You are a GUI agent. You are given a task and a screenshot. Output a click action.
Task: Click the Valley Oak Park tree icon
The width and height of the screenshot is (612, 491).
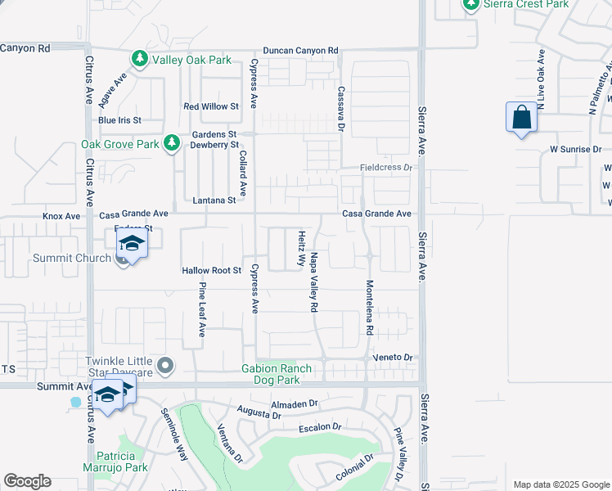tap(140, 59)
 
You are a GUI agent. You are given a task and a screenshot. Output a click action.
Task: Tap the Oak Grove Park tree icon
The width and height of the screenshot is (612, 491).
tap(171, 143)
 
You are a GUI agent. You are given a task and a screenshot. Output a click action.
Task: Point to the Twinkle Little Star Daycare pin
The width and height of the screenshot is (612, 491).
tap(166, 366)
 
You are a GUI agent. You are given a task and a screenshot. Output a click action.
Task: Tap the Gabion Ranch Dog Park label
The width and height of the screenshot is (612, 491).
tap(277, 374)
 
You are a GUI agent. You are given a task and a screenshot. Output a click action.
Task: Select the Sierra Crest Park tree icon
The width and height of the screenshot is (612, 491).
tap(470, 4)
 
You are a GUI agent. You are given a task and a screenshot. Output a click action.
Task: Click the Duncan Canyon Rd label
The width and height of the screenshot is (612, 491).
tap(299, 51)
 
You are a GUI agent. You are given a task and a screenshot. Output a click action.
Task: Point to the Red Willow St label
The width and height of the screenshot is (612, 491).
tap(210, 106)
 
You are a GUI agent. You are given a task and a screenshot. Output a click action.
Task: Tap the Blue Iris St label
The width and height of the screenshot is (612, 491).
tap(119, 120)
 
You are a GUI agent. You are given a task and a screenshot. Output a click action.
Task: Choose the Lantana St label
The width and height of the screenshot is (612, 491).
tap(214, 200)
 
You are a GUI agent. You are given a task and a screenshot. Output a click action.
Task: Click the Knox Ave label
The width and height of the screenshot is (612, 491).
tap(61, 216)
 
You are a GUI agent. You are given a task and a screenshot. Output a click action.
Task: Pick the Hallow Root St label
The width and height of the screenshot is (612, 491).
tap(211, 270)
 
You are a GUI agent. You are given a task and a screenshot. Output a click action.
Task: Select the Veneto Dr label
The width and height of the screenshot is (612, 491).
tap(395, 358)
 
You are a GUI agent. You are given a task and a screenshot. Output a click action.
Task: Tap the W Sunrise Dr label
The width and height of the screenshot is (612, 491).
tap(575, 150)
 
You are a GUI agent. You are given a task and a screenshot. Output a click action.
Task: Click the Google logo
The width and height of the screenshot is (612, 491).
tap(27, 481)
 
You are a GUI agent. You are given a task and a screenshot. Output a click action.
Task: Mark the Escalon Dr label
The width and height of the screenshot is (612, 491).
tap(319, 426)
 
